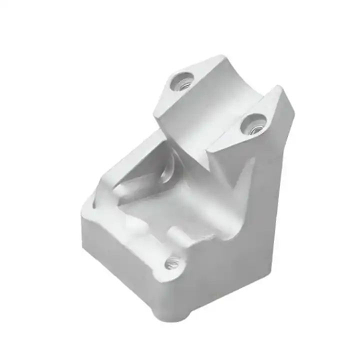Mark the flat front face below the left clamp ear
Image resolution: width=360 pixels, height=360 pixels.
180,120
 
